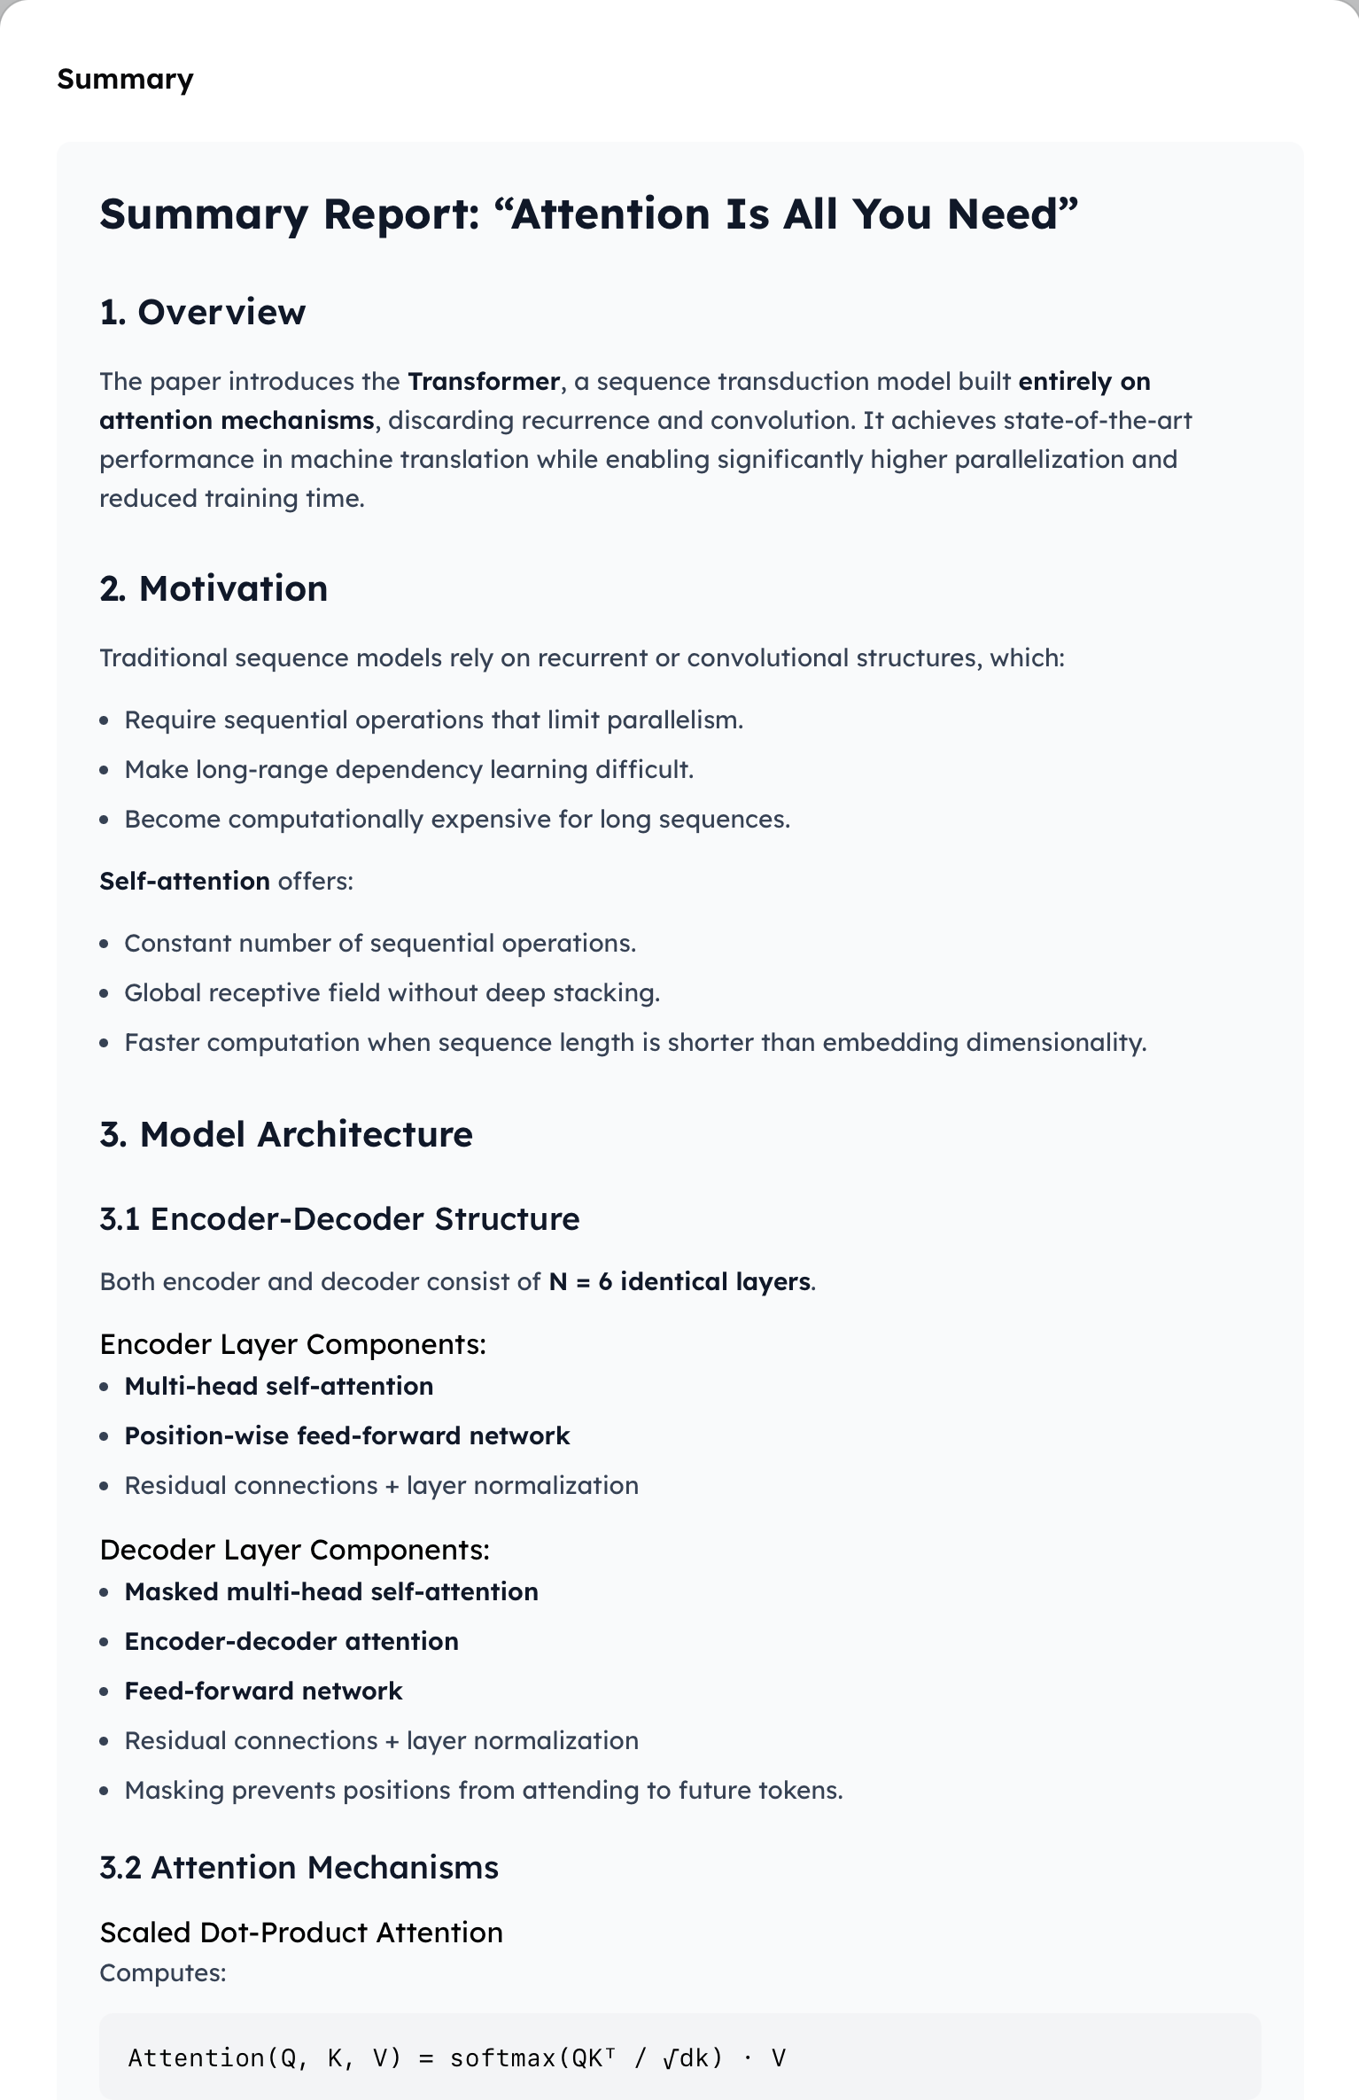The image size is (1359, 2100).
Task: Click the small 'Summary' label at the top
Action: pos(125,80)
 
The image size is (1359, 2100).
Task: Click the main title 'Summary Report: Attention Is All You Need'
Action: pos(588,214)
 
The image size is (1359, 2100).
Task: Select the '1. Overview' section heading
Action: pos(203,312)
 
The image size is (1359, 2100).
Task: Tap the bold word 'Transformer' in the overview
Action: pos(484,382)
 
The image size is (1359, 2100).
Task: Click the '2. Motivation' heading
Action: pos(214,588)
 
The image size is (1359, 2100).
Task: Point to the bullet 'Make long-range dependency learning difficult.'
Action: pos(408,769)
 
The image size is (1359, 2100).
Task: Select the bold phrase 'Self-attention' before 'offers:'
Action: pos(184,881)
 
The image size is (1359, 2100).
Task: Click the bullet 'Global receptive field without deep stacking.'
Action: pos(392,992)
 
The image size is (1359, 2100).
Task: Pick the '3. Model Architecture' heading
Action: pos(286,1134)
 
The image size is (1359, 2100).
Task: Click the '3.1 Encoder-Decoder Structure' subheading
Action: pos(339,1219)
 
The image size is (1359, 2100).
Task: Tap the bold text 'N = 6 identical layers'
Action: pos(679,1282)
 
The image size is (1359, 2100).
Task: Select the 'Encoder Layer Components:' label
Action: pos(292,1344)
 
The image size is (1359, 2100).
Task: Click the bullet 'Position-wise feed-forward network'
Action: pos(346,1435)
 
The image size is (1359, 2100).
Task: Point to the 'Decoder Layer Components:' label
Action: pos(294,1550)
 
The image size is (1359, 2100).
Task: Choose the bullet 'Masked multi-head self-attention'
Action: pos(331,1591)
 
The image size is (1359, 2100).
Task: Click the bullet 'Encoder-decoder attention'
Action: pos(291,1641)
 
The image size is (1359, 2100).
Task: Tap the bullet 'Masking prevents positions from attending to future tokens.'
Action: pos(483,1790)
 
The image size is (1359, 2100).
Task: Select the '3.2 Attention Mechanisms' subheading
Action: pos(299,1868)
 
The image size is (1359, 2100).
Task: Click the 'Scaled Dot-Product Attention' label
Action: pos(301,1933)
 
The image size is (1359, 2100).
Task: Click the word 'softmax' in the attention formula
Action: pos(503,2057)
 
